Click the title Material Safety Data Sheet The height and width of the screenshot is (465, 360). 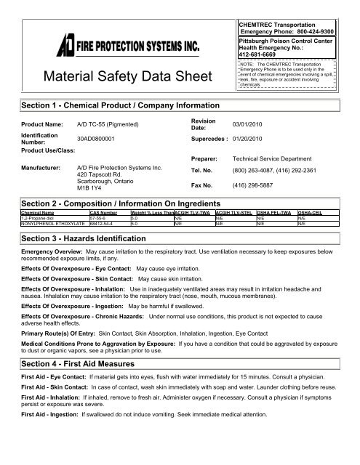click(x=126, y=77)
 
